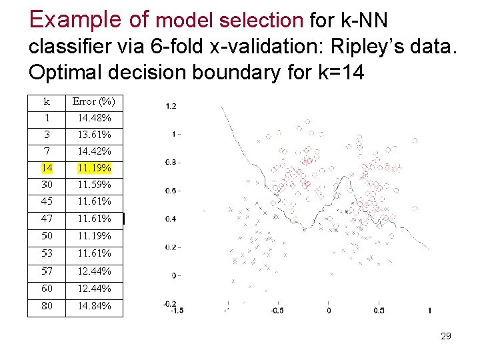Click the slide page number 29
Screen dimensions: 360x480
tap(446, 336)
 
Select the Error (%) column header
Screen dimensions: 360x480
tap(94, 101)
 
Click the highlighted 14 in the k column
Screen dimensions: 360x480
tap(47, 167)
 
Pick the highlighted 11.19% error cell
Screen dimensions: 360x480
tap(94, 167)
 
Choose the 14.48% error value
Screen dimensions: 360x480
tap(94, 118)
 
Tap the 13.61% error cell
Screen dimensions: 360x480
tap(94, 135)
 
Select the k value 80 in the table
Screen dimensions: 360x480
tap(47, 306)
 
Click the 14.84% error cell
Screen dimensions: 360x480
tap(94, 306)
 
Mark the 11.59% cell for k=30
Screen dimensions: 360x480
tap(94, 184)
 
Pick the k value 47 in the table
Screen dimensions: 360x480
tap(47, 219)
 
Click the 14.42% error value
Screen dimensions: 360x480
tap(94, 151)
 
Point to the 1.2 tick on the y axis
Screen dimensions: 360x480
tap(171, 106)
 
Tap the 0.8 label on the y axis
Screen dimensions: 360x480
tap(171, 162)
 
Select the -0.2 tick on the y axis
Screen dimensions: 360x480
tap(170, 303)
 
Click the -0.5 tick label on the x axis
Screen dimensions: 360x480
tap(277, 311)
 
